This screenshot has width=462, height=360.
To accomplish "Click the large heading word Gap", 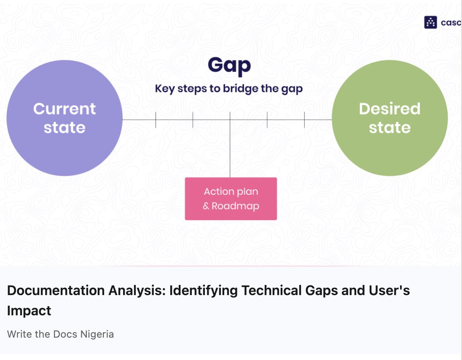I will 229,65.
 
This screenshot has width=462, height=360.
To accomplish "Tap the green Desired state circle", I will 389,148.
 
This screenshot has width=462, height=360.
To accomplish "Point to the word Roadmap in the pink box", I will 235,206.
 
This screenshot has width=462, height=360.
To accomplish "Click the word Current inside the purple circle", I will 64,109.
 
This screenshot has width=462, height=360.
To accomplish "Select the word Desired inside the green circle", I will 389,109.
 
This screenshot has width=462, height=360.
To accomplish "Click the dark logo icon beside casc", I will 430,22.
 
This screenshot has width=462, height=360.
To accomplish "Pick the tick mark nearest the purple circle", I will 156,120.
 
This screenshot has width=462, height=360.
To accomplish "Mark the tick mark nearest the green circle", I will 304,120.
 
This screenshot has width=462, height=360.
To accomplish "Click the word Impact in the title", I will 29,311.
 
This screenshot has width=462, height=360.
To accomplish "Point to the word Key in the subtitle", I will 164,89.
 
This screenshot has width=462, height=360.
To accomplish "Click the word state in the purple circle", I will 64,127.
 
